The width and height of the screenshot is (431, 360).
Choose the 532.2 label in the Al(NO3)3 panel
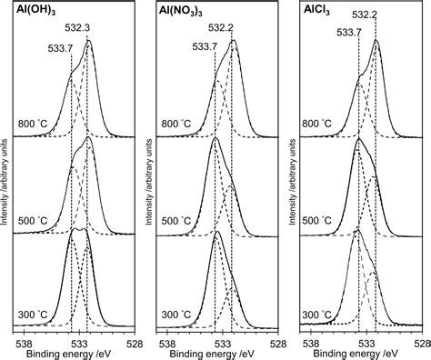(232, 28)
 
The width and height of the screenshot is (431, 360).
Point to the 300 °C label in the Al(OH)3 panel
(34, 315)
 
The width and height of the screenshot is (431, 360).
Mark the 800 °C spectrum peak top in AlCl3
(376, 42)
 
